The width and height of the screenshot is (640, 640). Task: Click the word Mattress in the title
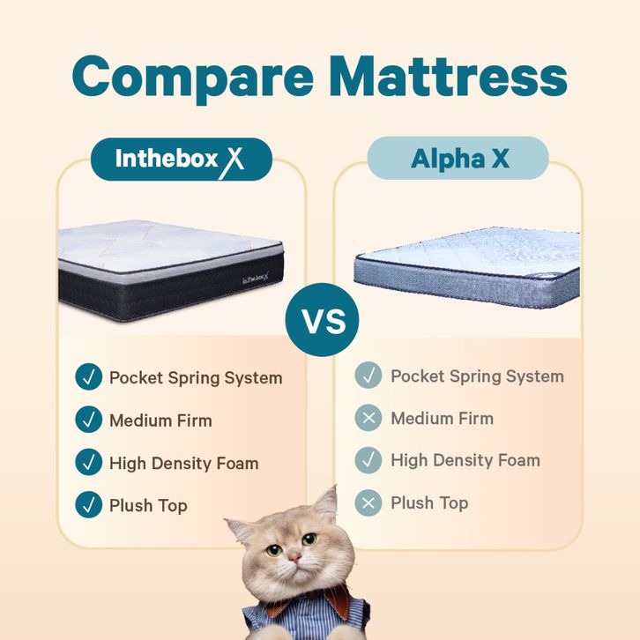click(450, 76)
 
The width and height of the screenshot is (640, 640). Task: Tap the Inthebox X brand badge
click(182, 160)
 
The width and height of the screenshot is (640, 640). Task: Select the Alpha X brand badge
click(458, 158)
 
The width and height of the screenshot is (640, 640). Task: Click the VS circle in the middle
click(322, 320)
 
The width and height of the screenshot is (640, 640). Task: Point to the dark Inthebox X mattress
click(171, 271)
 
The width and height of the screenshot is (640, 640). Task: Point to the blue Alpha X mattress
click(467, 267)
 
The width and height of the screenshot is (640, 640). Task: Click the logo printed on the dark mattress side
click(257, 279)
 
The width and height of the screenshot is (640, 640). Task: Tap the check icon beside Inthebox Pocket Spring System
click(88, 376)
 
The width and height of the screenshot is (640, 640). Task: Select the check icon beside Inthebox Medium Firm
click(88, 420)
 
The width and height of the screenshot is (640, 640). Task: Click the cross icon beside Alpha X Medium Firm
click(368, 418)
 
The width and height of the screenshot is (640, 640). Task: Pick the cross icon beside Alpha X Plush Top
click(368, 502)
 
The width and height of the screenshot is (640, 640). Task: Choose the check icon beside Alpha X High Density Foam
click(368, 460)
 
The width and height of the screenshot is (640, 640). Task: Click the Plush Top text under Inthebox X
click(149, 506)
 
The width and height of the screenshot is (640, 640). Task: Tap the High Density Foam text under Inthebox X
click(184, 464)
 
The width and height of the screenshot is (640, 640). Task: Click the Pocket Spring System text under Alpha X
click(478, 376)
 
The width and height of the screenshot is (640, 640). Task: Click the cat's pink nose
click(294, 557)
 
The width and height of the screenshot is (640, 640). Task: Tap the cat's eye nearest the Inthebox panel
click(274, 550)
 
